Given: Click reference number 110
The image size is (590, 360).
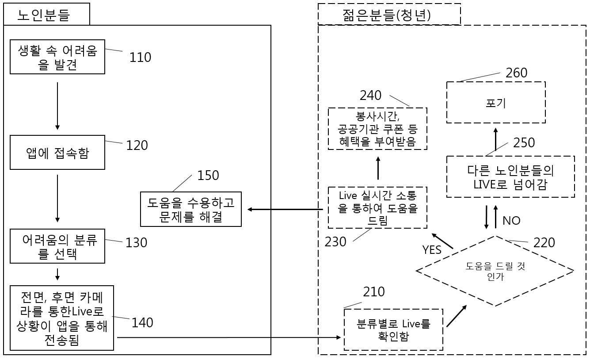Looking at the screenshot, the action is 140,57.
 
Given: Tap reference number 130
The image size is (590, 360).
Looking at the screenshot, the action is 136,243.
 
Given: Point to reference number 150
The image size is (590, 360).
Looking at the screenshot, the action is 208,175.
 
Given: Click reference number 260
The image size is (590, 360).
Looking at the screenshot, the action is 517,73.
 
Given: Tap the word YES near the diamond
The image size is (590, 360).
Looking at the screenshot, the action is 432,250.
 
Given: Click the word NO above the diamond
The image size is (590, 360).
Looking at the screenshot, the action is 511,221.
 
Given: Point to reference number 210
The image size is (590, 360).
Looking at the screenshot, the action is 374,292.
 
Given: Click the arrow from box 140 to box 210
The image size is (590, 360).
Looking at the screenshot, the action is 229,337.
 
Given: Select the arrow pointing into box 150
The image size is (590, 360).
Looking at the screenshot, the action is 285,210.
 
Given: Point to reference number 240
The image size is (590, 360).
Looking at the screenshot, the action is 371,96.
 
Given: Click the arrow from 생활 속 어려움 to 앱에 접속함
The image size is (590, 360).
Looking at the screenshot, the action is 57,106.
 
